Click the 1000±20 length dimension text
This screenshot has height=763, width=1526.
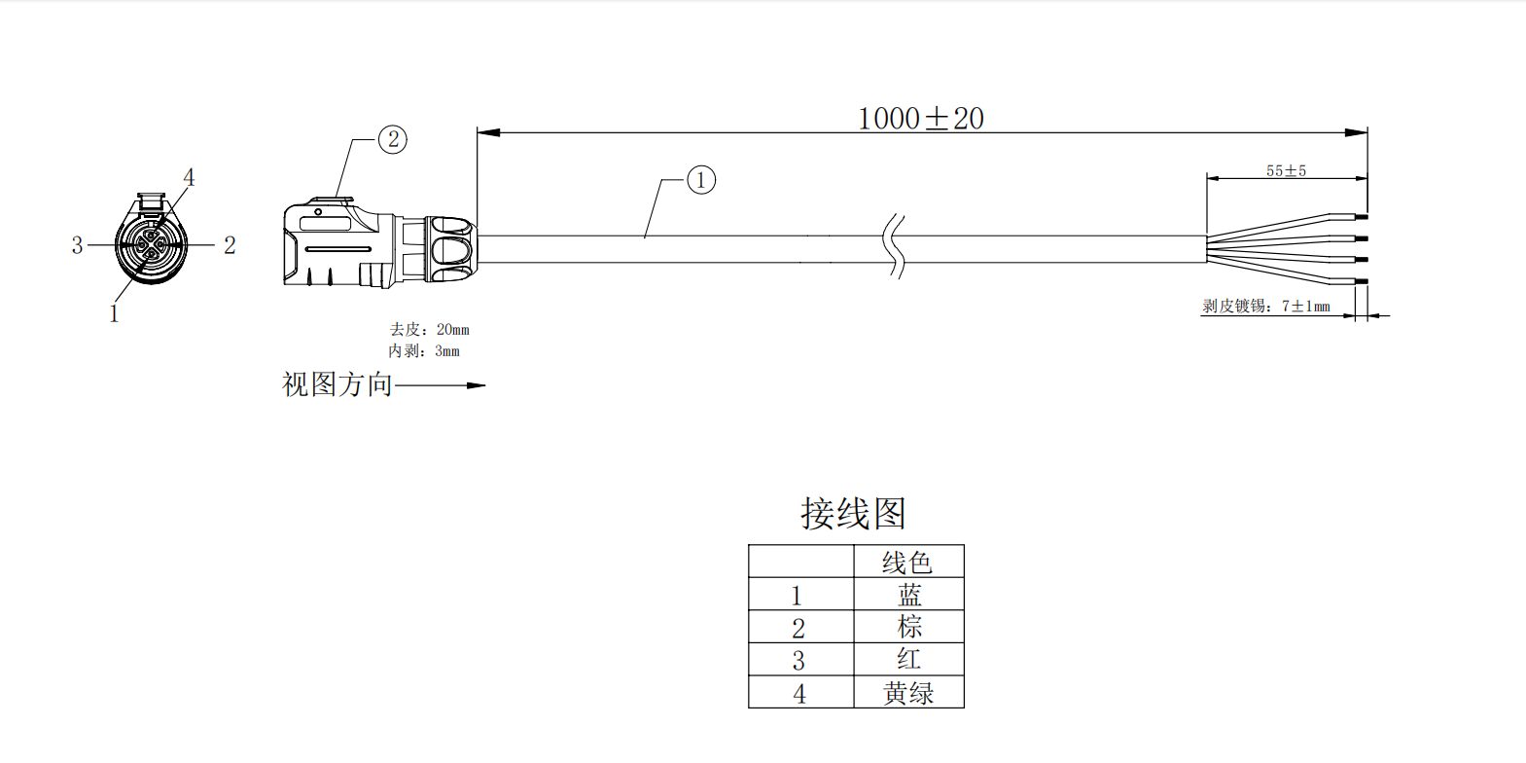[x=920, y=119]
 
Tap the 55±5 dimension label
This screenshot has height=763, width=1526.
[x=1286, y=171]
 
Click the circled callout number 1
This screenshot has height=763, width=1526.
[x=701, y=180]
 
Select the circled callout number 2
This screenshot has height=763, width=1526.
[x=393, y=139]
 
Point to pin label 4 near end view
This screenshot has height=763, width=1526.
[x=189, y=177]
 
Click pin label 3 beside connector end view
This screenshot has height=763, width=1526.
[x=77, y=245]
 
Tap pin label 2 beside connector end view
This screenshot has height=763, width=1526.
[x=230, y=245]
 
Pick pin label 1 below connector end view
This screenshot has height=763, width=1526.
[x=114, y=313]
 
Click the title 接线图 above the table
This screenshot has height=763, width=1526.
[x=853, y=514]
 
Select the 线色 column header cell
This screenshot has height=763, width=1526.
[x=907, y=563]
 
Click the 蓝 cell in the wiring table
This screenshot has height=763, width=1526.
[x=908, y=595]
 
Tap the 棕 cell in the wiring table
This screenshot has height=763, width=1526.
[x=908, y=627]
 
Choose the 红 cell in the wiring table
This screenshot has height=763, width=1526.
[x=908, y=659]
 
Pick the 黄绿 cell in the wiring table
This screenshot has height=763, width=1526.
[x=908, y=693]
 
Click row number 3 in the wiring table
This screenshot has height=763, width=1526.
[x=798, y=661]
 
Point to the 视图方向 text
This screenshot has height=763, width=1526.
[x=337, y=385]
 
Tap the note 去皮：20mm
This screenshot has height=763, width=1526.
[x=429, y=330]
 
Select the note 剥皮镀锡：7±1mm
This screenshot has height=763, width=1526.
[x=1265, y=307]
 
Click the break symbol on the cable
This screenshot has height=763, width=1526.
[x=896, y=247]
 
